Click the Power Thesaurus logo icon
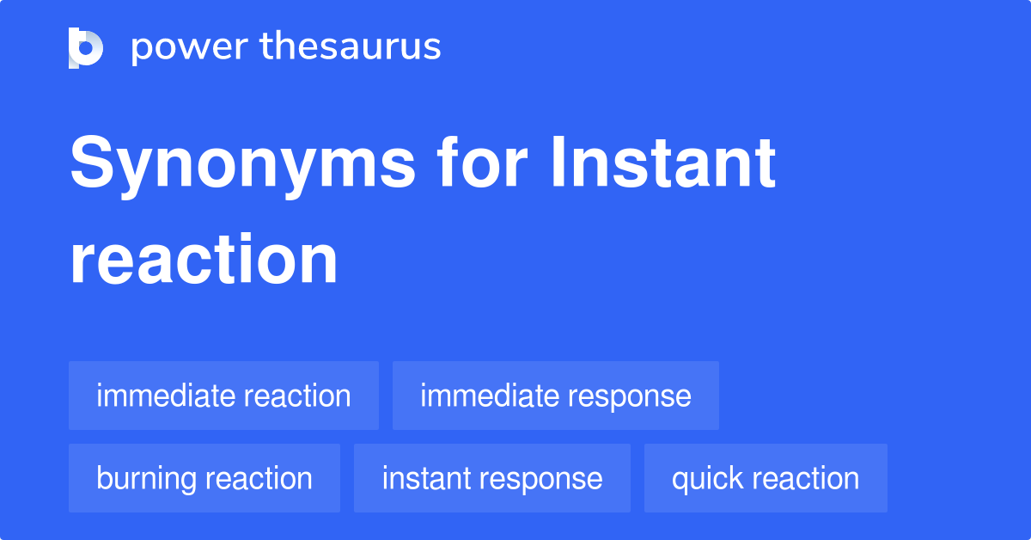coord(86,47)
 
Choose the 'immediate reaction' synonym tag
coord(223,396)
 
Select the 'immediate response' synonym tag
coord(555,396)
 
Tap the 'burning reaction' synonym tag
coord(204,479)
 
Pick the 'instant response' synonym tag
coord(491,479)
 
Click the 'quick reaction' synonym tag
coord(766,479)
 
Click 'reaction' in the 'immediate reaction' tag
coord(297,396)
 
